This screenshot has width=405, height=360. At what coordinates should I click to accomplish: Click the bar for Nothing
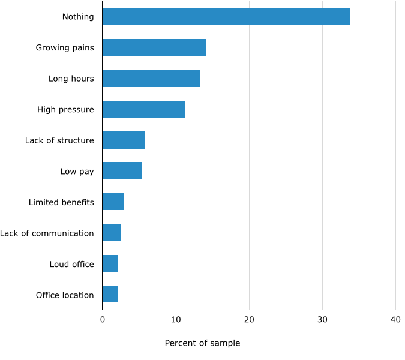(226, 17)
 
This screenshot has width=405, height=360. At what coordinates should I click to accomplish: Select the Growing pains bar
(154, 47)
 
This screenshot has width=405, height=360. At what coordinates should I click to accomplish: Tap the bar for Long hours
(151, 79)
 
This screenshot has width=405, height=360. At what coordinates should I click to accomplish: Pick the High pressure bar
(143, 109)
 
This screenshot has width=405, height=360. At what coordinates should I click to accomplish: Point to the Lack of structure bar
(124, 140)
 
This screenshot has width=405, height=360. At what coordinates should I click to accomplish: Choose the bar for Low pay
(122, 171)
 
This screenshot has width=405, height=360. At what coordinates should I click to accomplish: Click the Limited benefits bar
(113, 202)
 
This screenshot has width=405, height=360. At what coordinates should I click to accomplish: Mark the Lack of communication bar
(111, 233)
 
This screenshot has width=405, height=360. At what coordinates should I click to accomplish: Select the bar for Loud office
(110, 264)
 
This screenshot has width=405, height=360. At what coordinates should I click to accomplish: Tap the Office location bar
(110, 295)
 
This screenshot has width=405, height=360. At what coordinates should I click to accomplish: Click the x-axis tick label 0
(102, 319)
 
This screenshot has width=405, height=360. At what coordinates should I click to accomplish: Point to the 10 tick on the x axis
(176, 319)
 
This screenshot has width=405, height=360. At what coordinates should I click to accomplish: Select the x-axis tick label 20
(249, 319)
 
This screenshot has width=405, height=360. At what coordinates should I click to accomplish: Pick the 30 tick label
(323, 319)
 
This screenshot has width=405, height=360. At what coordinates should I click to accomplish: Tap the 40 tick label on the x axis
(396, 319)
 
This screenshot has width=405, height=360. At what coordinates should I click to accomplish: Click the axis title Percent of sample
(202, 343)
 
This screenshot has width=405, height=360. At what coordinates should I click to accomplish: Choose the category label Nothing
(78, 17)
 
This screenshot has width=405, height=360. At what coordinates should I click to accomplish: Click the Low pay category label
(77, 172)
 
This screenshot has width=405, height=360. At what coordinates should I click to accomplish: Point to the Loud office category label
(71, 264)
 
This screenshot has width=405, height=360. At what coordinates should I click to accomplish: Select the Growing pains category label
(65, 48)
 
